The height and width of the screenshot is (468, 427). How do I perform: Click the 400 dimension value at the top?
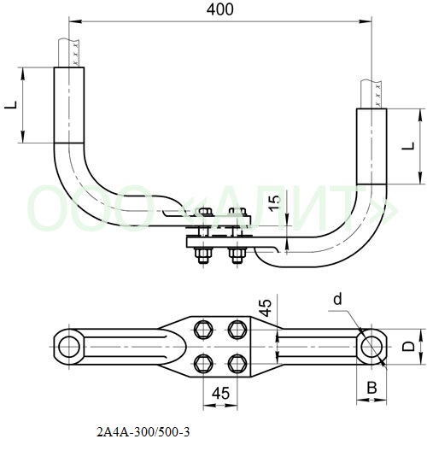pyautogui.click(x=220, y=10)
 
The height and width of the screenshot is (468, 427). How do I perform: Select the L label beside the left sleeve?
pyautogui.click(x=11, y=105)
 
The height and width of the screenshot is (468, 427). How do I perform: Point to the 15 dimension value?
pyautogui.click(x=275, y=203)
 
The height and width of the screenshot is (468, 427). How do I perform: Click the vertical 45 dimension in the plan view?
pyautogui.click(x=265, y=307)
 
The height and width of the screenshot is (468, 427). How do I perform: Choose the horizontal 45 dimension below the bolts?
pyautogui.click(x=221, y=393)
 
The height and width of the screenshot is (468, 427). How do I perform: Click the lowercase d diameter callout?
pyautogui.click(x=337, y=300)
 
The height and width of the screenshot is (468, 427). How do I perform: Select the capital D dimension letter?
pyautogui.click(x=408, y=347)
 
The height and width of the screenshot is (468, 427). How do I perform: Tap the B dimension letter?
pyautogui.click(x=371, y=388)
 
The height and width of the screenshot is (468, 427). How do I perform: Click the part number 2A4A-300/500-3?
pyautogui.click(x=143, y=432)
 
